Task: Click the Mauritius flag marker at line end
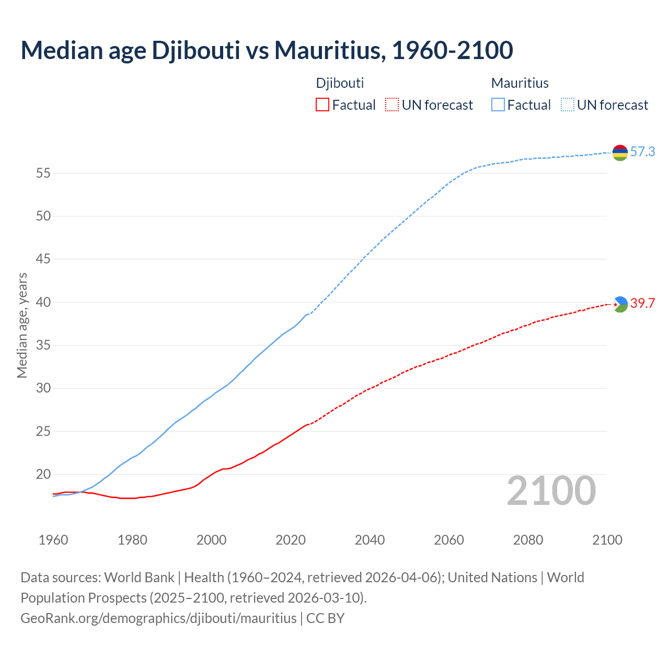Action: click(x=620, y=153)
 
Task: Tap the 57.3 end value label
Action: click(x=642, y=152)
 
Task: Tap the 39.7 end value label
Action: click(x=642, y=304)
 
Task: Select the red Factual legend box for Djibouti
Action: click(x=322, y=105)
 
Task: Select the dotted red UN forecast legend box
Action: click(x=392, y=105)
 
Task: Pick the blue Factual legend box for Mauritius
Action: click(x=498, y=105)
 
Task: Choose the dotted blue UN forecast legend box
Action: click(x=567, y=105)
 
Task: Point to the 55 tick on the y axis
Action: click(x=43, y=173)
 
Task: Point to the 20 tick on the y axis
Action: click(x=43, y=475)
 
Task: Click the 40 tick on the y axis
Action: click(x=43, y=302)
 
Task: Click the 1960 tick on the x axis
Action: click(x=53, y=540)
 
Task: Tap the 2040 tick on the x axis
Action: click(x=370, y=540)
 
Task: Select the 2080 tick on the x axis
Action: click(x=528, y=540)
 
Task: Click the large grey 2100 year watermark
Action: click(x=551, y=491)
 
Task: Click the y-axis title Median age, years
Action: click(x=22, y=325)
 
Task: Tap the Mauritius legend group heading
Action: click(x=520, y=83)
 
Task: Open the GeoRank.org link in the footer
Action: click(x=158, y=618)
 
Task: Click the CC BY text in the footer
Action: click(x=325, y=618)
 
